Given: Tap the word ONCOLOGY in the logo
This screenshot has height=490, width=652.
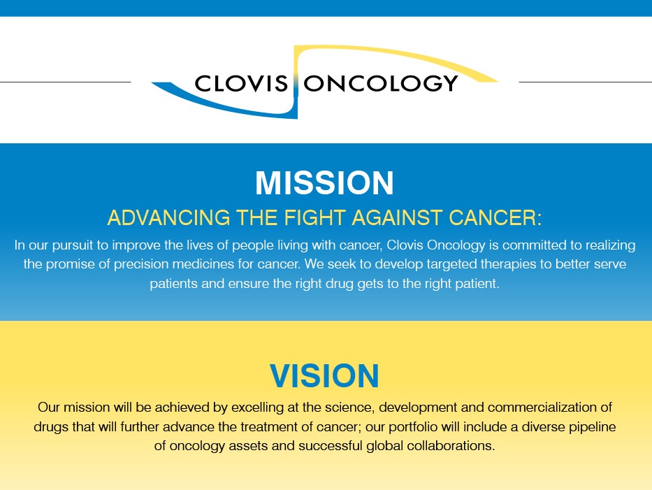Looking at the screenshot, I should (381, 83).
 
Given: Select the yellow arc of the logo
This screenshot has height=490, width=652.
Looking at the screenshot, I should (419, 59).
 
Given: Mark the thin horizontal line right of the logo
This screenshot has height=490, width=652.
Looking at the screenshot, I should (585, 82).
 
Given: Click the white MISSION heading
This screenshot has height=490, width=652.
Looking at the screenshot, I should (325, 183).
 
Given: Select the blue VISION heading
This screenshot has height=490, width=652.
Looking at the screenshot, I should (325, 376).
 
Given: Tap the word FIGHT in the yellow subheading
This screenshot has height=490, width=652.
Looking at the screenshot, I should (305, 218).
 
